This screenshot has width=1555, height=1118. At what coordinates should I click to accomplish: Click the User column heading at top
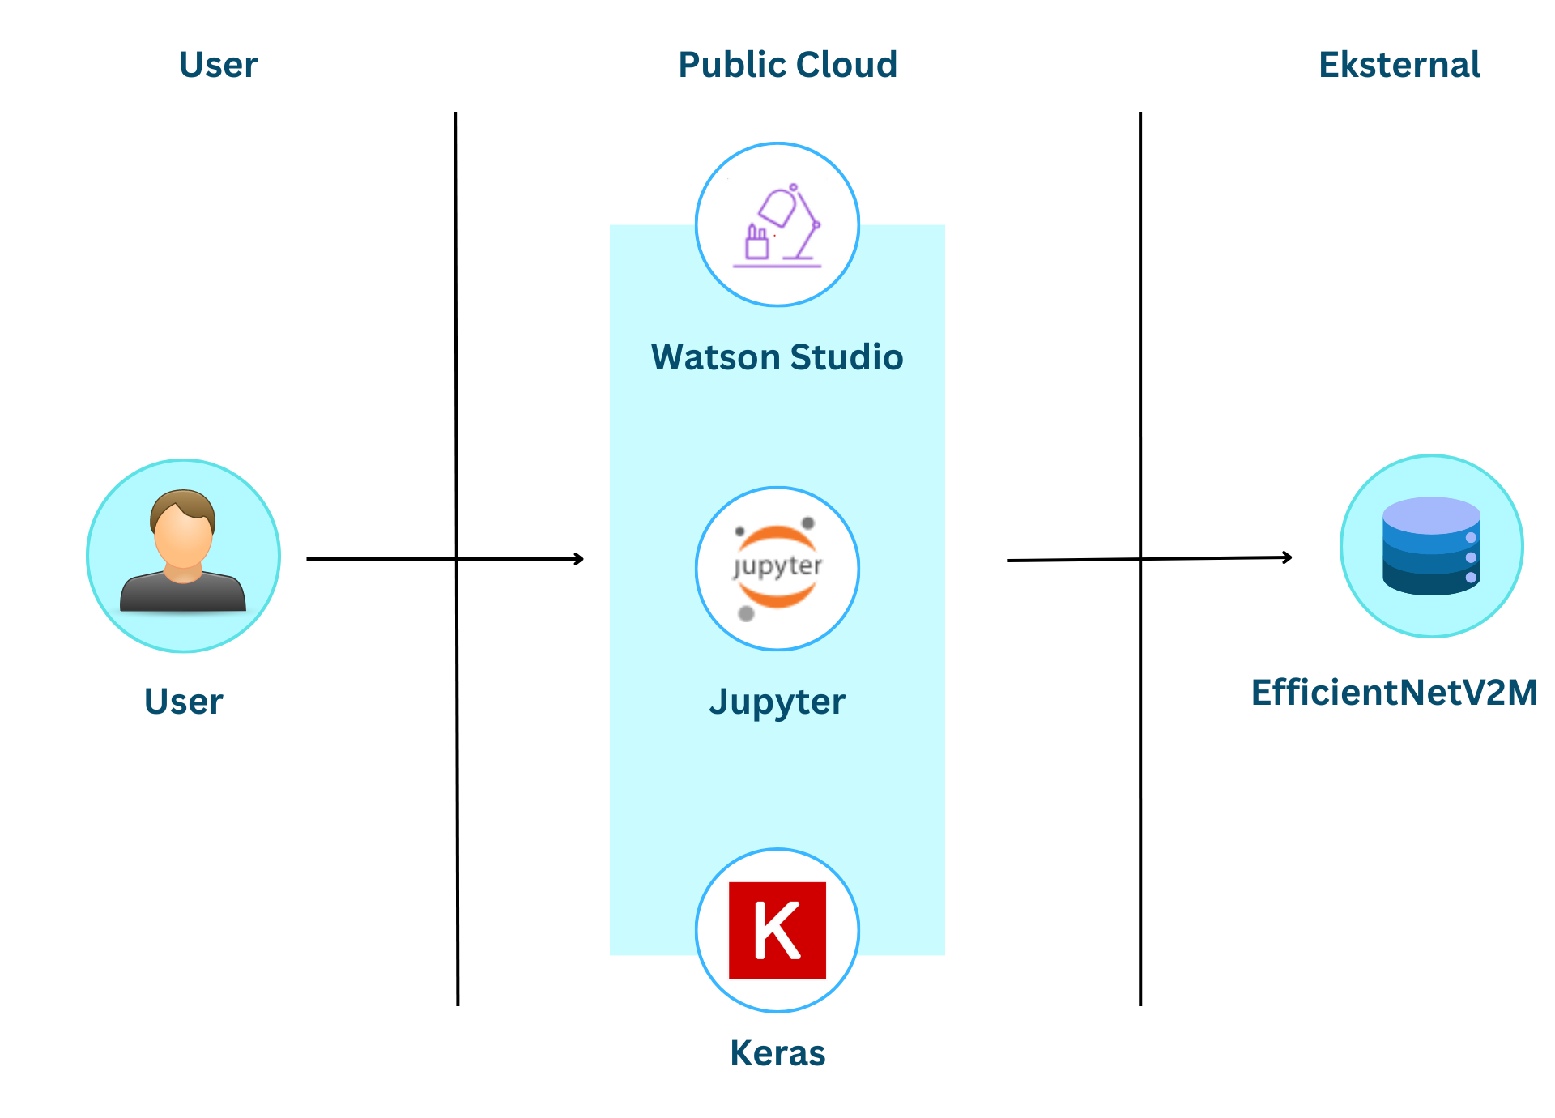tap(218, 65)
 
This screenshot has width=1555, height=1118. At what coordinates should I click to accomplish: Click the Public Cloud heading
tap(787, 65)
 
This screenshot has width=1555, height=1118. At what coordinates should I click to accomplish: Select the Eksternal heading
tap(1399, 65)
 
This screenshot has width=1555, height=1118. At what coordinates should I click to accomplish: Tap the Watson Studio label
tap(777, 357)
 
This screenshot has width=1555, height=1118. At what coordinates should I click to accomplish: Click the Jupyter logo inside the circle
tap(777, 567)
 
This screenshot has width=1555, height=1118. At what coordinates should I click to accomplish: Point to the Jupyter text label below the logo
tap(777, 702)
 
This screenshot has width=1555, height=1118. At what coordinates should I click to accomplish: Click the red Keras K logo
tap(777, 931)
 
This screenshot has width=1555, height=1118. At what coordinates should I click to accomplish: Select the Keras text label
tap(777, 1053)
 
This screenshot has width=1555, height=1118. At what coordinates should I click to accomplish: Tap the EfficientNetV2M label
tap(1394, 693)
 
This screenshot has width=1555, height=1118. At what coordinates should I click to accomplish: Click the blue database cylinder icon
tap(1431, 547)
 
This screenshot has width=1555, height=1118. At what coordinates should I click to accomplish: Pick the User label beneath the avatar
tap(183, 702)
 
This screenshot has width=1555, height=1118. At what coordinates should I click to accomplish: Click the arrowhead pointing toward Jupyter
tap(579, 559)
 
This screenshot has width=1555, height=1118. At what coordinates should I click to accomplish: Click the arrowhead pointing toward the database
tap(1287, 557)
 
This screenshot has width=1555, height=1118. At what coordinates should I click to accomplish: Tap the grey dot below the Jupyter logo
tap(747, 614)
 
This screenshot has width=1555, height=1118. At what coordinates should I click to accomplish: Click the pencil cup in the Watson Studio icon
tap(756, 243)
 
